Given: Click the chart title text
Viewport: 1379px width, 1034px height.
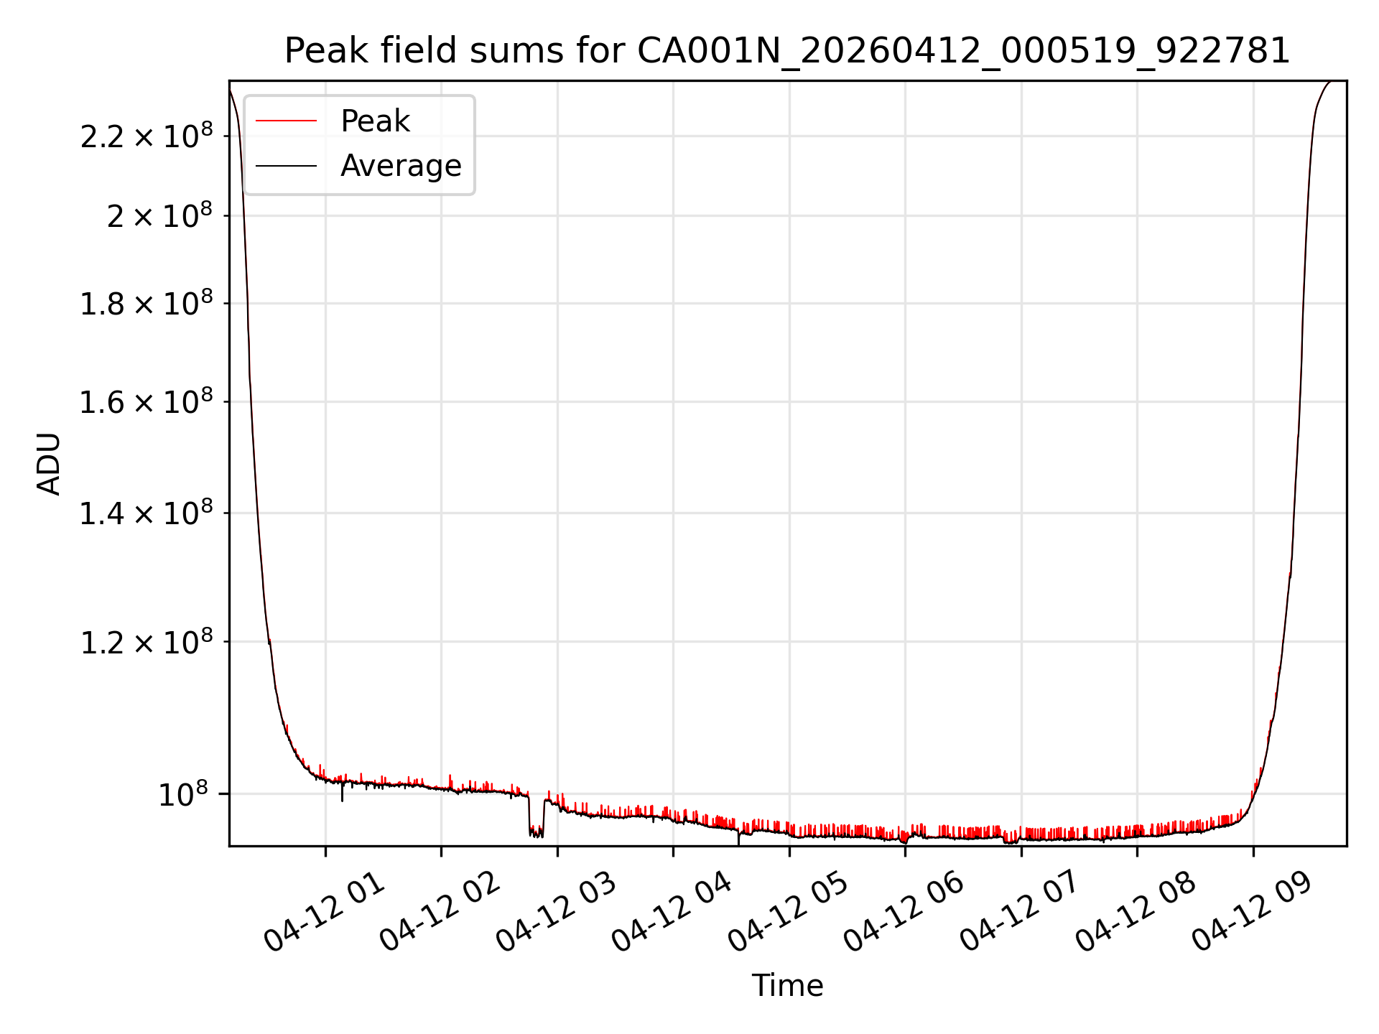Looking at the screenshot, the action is point(787,51).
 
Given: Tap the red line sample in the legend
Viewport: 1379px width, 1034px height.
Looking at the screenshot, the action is point(286,121).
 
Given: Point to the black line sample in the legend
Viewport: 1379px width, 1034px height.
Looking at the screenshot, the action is point(286,166).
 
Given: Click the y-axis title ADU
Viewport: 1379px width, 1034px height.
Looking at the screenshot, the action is point(49,463).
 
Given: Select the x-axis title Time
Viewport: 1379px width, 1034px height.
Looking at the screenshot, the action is point(787,985).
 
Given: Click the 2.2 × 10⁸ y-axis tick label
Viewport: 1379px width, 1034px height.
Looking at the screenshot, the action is point(147,136).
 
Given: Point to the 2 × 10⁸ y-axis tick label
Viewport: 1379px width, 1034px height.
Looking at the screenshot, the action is point(159,215).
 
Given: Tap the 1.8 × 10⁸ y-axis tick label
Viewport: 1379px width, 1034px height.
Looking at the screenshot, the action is point(147,303).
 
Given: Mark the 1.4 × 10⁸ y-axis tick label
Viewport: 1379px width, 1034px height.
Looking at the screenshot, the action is point(147,513).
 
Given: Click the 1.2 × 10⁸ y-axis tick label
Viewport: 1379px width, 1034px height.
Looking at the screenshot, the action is point(147,641).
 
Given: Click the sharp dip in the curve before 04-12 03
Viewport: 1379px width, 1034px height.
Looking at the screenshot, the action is point(537,832).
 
